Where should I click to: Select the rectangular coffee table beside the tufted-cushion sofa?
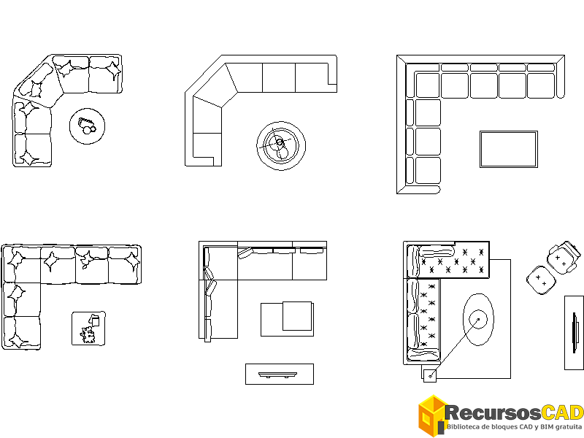[508, 149]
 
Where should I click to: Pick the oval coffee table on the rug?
[478, 319]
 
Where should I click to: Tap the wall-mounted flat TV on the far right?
[575, 332]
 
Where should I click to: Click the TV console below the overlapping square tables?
[279, 374]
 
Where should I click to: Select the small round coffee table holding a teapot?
[88, 127]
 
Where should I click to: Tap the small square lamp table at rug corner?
[429, 376]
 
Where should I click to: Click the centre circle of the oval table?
[478, 318]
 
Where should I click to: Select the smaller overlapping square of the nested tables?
[298, 315]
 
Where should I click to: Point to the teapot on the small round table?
[88, 126]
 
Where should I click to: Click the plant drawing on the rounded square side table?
[90, 334]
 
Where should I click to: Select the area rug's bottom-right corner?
[510, 377]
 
